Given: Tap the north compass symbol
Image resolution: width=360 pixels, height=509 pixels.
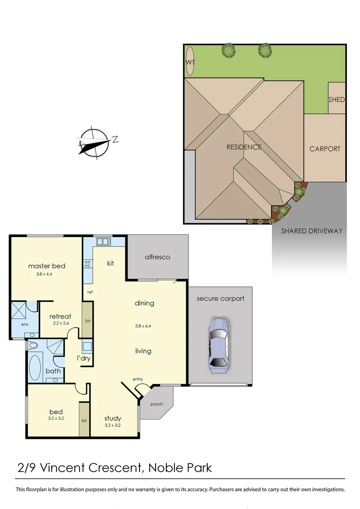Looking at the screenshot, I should point(95,141).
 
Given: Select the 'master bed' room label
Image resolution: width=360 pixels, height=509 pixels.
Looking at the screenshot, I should point(47,266).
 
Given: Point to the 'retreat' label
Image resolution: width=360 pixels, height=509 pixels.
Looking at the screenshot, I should point(60,316).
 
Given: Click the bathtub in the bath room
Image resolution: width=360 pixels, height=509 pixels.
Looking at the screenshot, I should point(35,367).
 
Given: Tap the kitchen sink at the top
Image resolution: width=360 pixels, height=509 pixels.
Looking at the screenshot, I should point(104,242).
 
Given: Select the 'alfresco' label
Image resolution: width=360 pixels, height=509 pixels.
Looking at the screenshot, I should point(157,257).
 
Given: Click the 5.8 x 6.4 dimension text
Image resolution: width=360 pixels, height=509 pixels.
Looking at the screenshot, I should point(143,325).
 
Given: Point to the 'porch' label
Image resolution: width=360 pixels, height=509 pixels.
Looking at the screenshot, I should point(156,404).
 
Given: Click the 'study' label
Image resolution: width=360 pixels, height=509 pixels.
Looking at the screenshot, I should point(113,418).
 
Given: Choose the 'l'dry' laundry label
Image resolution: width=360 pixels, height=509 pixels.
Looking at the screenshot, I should point(84,358).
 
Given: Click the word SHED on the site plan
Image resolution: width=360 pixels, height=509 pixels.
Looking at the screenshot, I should point(336,99).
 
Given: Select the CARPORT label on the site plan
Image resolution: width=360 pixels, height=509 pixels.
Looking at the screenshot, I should point(325,149).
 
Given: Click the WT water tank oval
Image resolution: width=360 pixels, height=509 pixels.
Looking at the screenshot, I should point(190,62).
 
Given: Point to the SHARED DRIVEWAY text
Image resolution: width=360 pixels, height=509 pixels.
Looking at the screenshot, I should point(311,231).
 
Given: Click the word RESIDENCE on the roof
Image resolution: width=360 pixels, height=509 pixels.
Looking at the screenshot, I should point(244,147).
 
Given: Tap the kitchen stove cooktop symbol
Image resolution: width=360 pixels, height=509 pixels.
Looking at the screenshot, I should point(87,264).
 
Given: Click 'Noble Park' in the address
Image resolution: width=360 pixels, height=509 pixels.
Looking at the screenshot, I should point(180,468).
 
